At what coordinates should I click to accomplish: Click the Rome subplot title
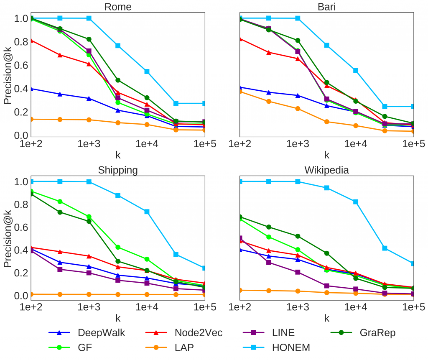pyautogui.click(x=118, y=7)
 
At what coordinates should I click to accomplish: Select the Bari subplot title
pyautogui.click(x=326, y=7)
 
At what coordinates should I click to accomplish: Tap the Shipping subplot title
pyautogui.click(x=118, y=170)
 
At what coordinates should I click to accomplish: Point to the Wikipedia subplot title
pyautogui.click(x=326, y=170)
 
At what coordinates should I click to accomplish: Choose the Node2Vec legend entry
pyautogui.click(x=198, y=333)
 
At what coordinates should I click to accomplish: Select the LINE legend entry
pyautogui.click(x=283, y=333)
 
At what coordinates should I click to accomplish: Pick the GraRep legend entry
pyautogui.click(x=377, y=333)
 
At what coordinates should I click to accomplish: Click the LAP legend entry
pyautogui.click(x=183, y=347)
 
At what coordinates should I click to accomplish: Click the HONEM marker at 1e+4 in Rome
pyautogui.click(x=147, y=71)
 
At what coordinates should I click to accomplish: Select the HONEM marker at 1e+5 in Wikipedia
pyautogui.click(x=413, y=263)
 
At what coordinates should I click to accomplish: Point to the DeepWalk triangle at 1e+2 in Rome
pyautogui.click(x=31, y=89)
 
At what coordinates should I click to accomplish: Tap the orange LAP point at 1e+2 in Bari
pyautogui.click(x=239, y=91)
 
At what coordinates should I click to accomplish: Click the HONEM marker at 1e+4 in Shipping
pyautogui.click(x=147, y=212)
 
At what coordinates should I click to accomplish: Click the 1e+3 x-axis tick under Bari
pyautogui.click(x=297, y=144)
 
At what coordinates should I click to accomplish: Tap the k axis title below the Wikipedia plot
pyautogui.click(x=326, y=318)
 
